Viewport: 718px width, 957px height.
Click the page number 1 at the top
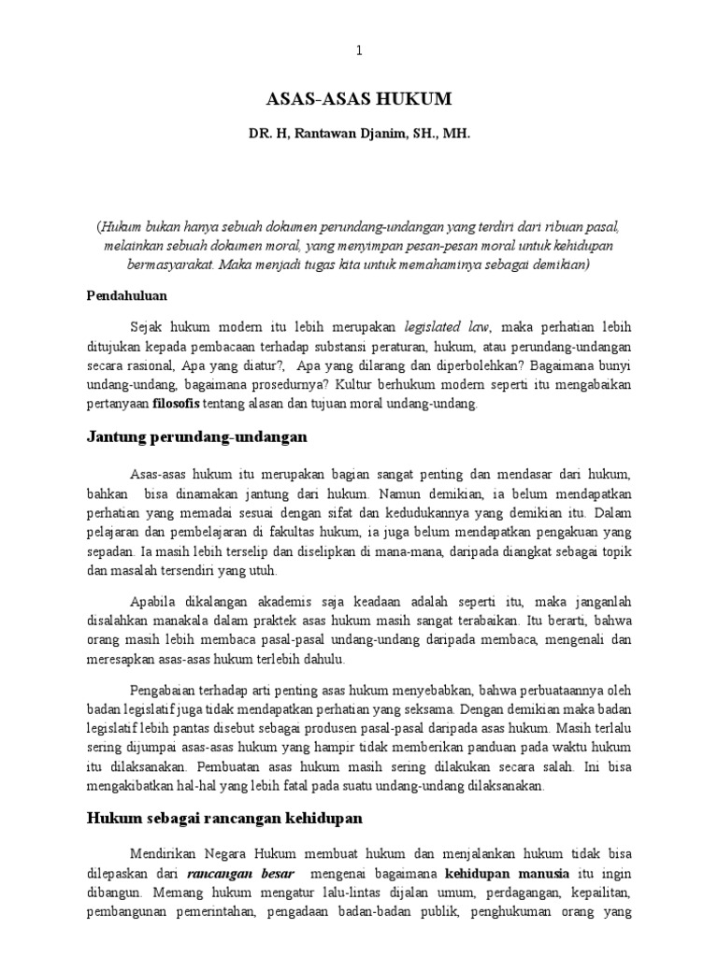359,50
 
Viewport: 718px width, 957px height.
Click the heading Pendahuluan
126,295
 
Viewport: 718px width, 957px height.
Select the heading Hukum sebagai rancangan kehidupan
225,817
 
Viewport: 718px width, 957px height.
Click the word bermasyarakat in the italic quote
162,264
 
